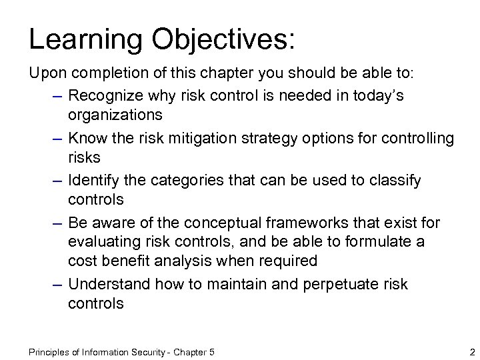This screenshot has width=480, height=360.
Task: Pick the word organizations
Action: pos(115,115)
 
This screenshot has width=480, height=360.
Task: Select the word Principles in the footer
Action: pos(52,351)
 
